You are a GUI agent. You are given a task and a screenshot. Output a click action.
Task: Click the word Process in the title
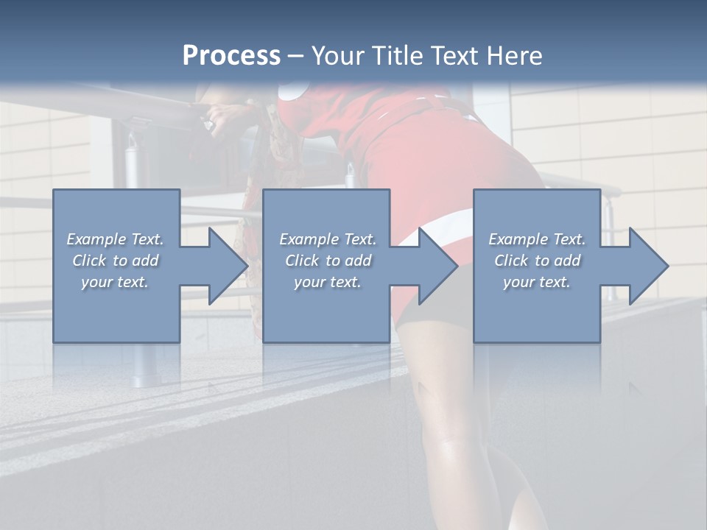click(x=231, y=56)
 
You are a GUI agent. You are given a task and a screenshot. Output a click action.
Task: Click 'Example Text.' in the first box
click(x=115, y=239)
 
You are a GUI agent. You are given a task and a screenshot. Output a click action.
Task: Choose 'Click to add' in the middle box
click(x=328, y=261)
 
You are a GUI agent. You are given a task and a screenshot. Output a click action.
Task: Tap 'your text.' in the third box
click(x=537, y=282)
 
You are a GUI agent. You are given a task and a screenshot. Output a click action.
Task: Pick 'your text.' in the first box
click(x=115, y=282)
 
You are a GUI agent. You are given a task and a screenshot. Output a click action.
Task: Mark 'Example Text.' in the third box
click(x=537, y=239)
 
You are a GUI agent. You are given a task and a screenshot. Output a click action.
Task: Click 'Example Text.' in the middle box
click(x=328, y=239)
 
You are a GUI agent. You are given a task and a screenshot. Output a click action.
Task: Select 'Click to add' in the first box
click(x=115, y=261)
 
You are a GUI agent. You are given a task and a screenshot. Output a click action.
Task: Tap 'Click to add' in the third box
click(x=537, y=261)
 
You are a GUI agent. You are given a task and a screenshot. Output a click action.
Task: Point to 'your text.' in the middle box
click(x=328, y=282)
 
